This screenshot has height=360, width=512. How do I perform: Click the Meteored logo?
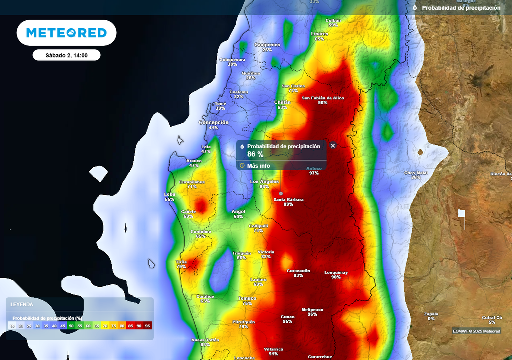pos(66,33)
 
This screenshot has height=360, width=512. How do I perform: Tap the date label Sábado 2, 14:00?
pos(66,55)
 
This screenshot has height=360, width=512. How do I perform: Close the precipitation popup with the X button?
pos(333,146)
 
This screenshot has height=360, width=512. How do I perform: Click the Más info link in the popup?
pos(258,166)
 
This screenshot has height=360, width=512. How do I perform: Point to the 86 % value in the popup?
pos(255,154)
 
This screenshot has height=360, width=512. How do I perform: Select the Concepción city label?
pos(214,123)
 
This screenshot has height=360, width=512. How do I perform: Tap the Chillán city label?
pos(282,102)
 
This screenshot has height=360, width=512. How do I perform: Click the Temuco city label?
pos(247,298)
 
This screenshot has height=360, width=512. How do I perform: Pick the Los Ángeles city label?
pos(264,181)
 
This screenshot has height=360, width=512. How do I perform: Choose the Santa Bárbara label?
pos(288,200)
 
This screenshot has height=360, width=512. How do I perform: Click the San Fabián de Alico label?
pos(323,98)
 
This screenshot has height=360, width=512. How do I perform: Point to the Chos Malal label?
pos(416,173)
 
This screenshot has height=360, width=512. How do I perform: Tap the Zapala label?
pos(431,314)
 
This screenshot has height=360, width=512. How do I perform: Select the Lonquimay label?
pos(336,273)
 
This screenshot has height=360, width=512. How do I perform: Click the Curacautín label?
pos(298,271)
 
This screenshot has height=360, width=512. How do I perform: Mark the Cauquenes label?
pos(267,45)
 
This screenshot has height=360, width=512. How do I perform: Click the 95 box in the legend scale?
pos(147,326)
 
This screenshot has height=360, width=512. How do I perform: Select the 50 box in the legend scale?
pos(71,326)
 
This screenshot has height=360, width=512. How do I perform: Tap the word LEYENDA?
pos(22,304)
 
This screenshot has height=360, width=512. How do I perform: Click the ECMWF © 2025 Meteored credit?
pos(476,331)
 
